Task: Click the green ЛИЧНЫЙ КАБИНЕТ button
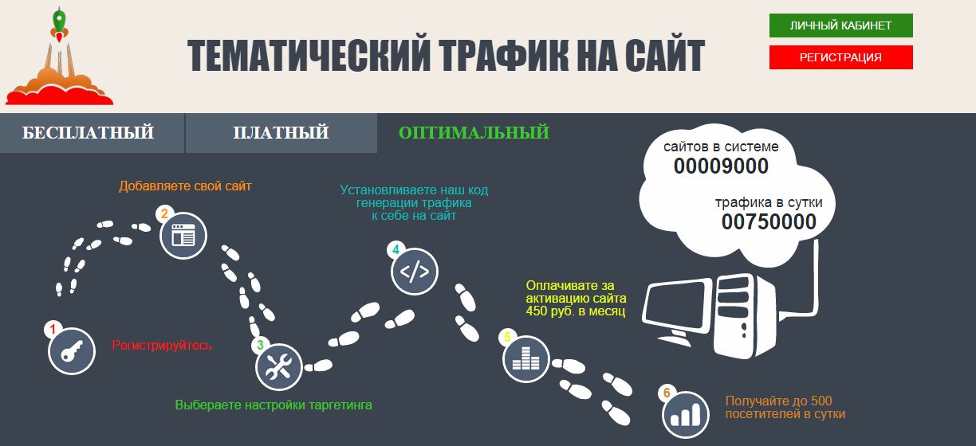[841, 25]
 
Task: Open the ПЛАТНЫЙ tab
[281, 133]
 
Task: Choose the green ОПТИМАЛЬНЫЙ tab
[474, 133]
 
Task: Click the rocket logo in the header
[59, 57]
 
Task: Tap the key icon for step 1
[72, 351]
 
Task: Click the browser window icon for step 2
[183, 236]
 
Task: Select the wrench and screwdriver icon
[279, 367]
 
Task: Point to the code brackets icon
[415, 272]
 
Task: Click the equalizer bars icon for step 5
[525, 359]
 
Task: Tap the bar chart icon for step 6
[686, 415]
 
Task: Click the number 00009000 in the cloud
[721, 166]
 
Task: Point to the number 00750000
[769, 222]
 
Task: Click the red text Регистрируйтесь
[162, 346]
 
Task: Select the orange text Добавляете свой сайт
[185, 186]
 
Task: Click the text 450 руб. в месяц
[576, 311]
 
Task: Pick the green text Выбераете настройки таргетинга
[274, 405]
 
